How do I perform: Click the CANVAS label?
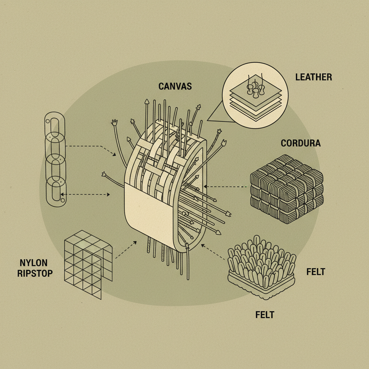[x=175, y=86]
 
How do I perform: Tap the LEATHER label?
[x=314, y=77]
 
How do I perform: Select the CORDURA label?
[x=301, y=143]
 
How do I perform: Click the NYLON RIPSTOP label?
[x=35, y=268]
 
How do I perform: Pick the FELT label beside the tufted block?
[x=316, y=271]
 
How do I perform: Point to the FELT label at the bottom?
[x=264, y=315]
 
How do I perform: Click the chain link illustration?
[x=55, y=159]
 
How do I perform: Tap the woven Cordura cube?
[x=286, y=189]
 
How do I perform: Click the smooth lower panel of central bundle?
[x=148, y=216]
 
